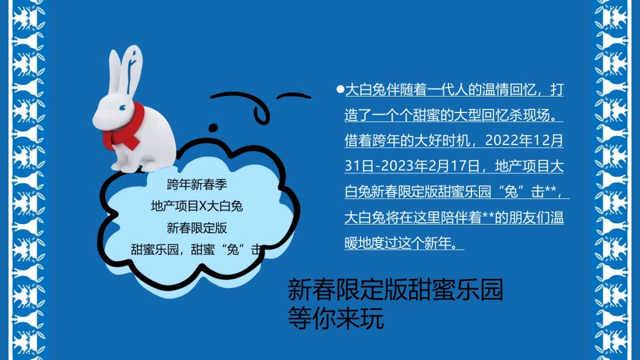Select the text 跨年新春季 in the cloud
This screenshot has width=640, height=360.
197,185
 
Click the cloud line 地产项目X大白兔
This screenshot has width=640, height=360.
197,206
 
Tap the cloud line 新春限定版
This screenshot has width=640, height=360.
197,228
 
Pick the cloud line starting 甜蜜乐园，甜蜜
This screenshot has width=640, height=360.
197,249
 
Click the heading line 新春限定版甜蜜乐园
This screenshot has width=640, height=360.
395,290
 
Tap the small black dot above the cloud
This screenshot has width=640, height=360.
213,127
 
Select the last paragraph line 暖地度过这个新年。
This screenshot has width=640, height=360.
404,244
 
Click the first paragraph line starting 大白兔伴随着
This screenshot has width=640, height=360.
453,90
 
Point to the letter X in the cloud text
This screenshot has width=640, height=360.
202,206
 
